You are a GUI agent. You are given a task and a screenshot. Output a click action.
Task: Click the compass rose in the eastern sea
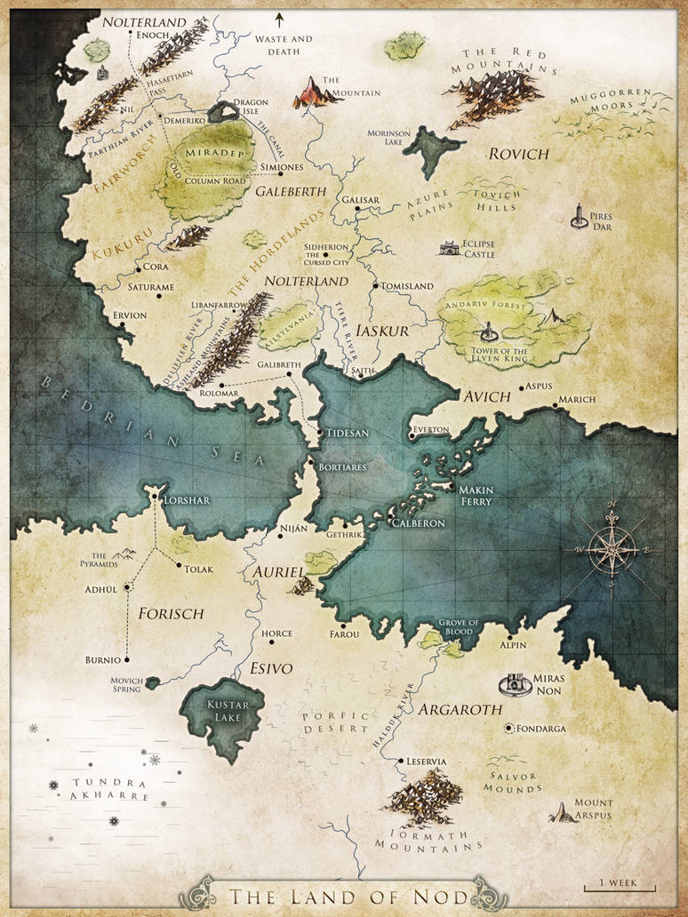click(x=612, y=548)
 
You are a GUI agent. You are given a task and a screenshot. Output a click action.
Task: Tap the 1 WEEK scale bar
click(x=619, y=885)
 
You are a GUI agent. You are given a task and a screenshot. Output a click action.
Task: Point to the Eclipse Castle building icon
click(x=450, y=248)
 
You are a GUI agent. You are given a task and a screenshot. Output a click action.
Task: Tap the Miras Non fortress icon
click(x=513, y=684)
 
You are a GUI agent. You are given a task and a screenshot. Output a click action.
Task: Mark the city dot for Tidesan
click(x=321, y=433)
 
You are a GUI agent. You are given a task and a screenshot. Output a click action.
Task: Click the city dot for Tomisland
click(x=376, y=286)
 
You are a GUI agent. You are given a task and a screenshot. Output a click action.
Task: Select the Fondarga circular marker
click(x=508, y=729)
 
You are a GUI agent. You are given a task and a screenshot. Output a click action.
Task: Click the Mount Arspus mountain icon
click(x=562, y=811)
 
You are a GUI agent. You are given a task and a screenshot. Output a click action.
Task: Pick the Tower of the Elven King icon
click(x=488, y=333)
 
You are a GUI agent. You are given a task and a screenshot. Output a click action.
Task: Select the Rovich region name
click(x=518, y=154)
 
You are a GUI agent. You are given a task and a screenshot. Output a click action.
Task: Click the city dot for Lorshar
click(x=156, y=499)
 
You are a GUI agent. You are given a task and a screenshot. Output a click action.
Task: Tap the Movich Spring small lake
click(x=153, y=682)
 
